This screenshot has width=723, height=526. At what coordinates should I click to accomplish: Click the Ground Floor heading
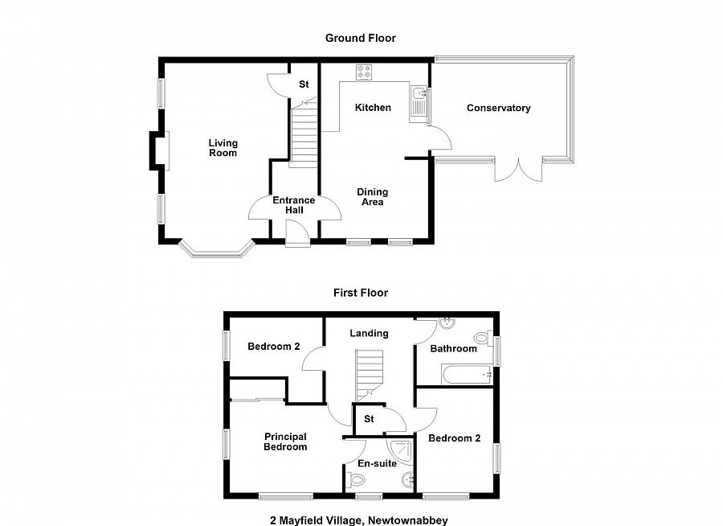pos(360,38)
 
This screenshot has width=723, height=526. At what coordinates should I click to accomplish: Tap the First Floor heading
pos(361,293)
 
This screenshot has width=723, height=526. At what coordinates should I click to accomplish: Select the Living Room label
pos(223,148)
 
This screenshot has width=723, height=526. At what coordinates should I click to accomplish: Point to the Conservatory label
pos(498,108)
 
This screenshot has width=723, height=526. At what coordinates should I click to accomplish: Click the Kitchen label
pos(373,107)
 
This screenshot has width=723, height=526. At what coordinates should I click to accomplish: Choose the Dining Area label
pos(372,197)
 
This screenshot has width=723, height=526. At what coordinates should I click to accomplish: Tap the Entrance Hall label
pos(293,205)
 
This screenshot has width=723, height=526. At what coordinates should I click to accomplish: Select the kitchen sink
pos(419,103)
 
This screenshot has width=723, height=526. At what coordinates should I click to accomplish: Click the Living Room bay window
pos(217,250)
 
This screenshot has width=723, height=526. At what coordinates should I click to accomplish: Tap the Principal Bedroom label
pos(285,442)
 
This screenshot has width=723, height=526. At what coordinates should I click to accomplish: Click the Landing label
pos(369,333)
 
